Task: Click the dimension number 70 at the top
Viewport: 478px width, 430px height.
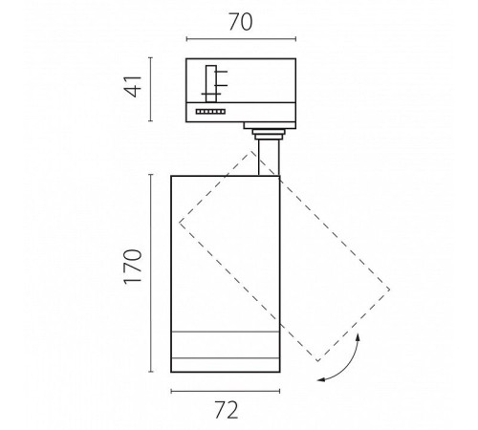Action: [x=241, y=22]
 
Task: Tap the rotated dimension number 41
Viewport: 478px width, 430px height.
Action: [x=133, y=86]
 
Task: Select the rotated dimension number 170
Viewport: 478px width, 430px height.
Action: [x=133, y=267]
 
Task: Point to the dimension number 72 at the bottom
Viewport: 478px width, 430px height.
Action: [x=227, y=410]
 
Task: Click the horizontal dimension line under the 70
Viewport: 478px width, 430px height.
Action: [x=241, y=39]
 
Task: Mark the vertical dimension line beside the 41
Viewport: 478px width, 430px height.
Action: [x=151, y=90]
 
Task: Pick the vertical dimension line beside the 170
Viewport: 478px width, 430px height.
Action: [x=151, y=273]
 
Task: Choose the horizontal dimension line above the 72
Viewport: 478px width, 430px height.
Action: [x=226, y=391]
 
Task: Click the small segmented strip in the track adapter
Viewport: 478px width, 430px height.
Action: [x=210, y=112]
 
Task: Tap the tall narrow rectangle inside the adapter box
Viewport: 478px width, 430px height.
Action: [x=211, y=84]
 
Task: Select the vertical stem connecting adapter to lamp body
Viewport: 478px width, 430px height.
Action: [x=269, y=158]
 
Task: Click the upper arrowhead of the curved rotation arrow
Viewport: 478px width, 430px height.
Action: [x=358, y=337]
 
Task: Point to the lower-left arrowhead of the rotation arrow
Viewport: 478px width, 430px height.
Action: [x=321, y=379]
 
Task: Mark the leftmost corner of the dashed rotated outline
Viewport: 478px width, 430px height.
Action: [x=180, y=223]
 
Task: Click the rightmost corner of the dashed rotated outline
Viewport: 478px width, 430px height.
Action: [x=389, y=290]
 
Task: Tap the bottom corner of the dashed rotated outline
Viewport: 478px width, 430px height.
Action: [x=317, y=361]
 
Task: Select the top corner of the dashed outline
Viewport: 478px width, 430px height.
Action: [x=251, y=151]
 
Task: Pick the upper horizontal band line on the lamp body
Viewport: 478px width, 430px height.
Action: [x=226, y=333]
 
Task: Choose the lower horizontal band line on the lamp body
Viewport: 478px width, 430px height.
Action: [x=226, y=358]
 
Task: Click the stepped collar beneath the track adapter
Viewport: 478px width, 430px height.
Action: [x=270, y=131]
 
